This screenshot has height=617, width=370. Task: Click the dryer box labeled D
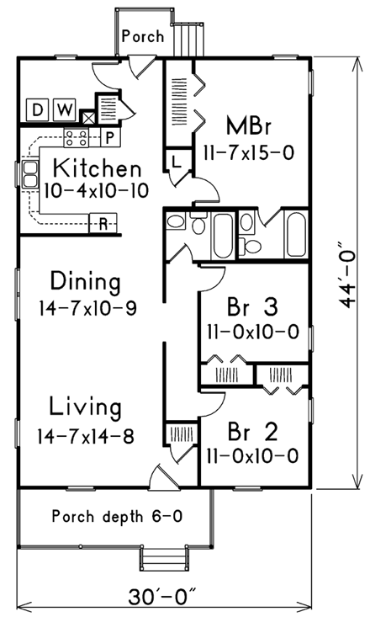[x=38, y=109]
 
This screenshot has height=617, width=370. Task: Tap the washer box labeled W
[x=63, y=109]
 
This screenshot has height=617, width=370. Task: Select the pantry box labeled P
[x=109, y=136]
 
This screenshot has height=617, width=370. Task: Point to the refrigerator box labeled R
[x=103, y=224]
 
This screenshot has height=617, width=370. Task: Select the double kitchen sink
[x=30, y=173]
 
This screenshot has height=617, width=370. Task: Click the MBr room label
[x=250, y=126]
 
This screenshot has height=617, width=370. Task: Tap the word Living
[x=84, y=407]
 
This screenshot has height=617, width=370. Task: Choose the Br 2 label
[x=251, y=431]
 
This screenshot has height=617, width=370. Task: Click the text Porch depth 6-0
[x=117, y=515]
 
